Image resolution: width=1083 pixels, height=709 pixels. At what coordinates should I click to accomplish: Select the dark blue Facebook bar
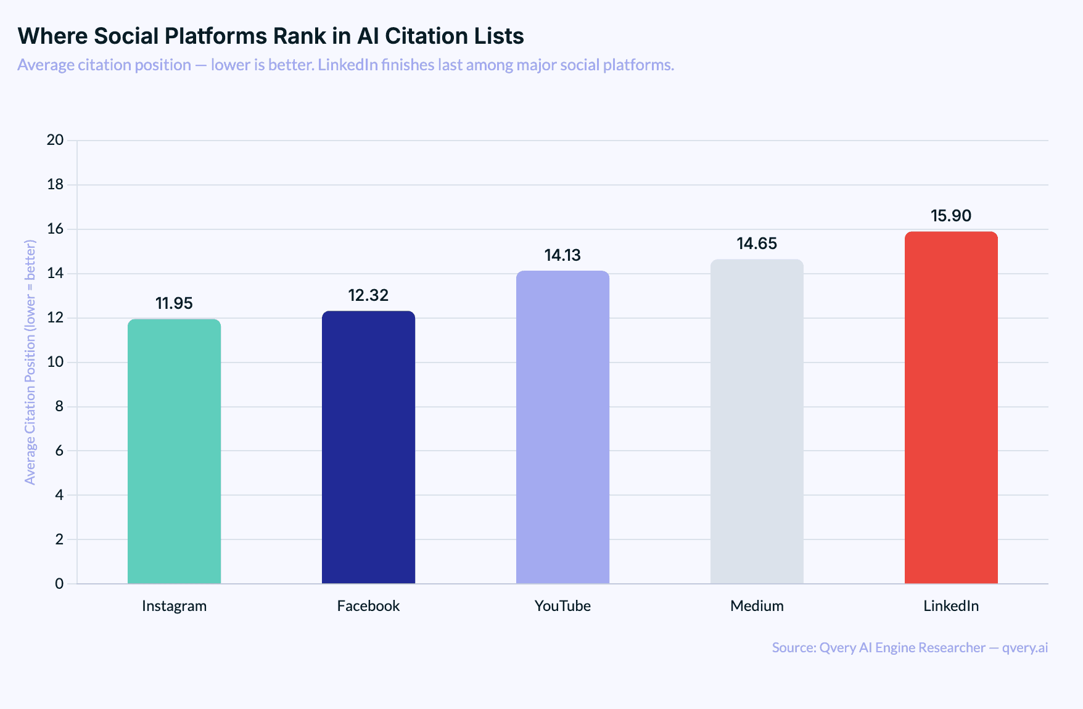(368, 447)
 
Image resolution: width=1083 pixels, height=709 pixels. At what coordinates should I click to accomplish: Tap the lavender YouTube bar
(562, 427)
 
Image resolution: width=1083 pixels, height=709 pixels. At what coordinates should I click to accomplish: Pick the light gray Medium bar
(757, 421)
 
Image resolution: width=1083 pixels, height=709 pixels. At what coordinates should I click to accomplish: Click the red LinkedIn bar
(951, 408)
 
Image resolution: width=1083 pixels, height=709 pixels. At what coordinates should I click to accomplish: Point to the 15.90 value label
(951, 216)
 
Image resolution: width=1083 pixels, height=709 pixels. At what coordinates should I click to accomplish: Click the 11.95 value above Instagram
(174, 303)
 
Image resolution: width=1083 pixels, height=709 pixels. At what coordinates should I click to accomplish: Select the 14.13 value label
(562, 255)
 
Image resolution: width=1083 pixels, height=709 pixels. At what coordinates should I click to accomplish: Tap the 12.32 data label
(368, 295)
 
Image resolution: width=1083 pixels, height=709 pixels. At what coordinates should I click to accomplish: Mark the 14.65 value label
(757, 244)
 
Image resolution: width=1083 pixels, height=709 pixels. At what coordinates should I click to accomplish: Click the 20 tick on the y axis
(56, 140)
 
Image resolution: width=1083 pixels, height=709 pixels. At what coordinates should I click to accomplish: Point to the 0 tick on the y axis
(59, 583)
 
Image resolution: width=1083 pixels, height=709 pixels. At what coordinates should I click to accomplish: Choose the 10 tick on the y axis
(56, 362)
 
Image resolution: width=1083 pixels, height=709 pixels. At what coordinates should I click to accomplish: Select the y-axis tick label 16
(56, 229)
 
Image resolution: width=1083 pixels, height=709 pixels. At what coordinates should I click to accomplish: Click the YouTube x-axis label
(562, 606)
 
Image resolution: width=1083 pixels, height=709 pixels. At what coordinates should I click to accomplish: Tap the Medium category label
(757, 606)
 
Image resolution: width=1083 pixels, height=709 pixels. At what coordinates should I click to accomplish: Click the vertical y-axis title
(30, 362)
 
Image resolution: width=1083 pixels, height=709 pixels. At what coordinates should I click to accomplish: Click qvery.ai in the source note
(1024, 648)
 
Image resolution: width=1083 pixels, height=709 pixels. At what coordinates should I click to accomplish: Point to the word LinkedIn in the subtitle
(347, 65)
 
